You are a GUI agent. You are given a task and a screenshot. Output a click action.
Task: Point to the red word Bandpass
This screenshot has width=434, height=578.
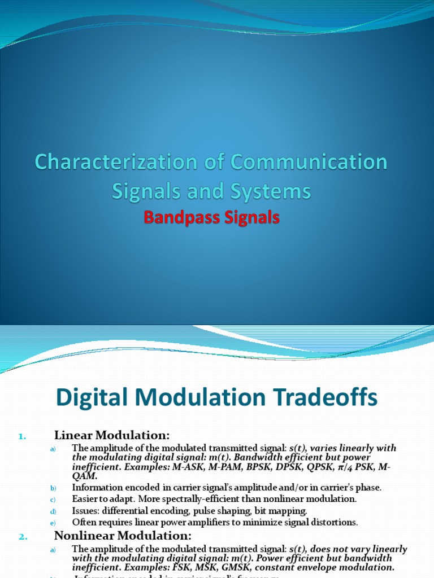[x=177, y=217]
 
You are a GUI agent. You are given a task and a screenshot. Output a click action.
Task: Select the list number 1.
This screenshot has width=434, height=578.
[x=22, y=436]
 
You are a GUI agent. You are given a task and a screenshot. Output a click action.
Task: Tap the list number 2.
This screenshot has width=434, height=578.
[x=23, y=537]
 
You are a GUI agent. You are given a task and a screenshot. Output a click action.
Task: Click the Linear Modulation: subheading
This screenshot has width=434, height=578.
[x=112, y=435]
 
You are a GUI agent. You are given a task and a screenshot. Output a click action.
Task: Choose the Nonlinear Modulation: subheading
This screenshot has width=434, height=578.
[x=123, y=536]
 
